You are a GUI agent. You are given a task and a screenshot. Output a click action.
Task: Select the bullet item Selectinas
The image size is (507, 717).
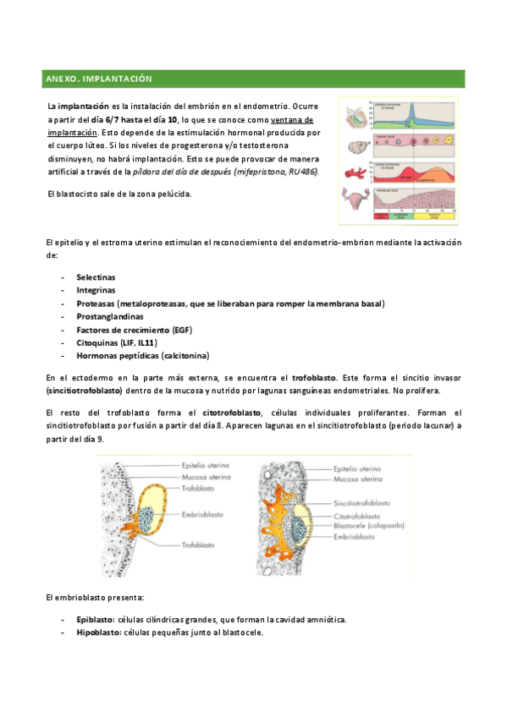[96, 276]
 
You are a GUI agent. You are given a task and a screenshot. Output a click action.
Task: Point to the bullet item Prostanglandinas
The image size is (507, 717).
[109, 316]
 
